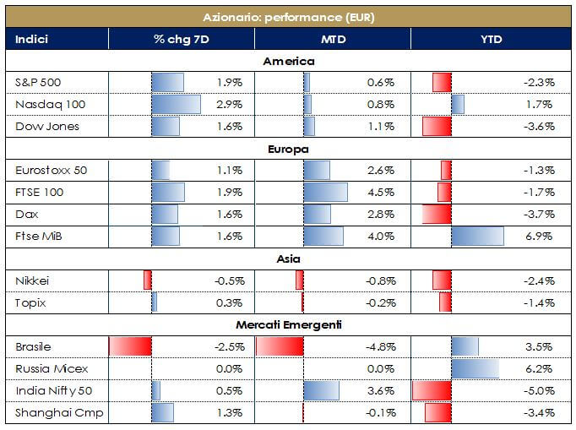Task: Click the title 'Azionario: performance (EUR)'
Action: (288, 17)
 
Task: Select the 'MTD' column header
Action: (331, 39)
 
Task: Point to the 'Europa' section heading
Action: (288, 149)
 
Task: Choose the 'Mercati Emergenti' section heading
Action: (288, 324)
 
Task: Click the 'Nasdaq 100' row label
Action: (51, 105)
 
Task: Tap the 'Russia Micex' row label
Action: (52, 368)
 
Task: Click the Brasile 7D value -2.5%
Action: (229, 346)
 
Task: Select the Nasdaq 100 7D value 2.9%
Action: (229, 105)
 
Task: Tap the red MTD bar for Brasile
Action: (279, 346)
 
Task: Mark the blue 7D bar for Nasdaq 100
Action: (176, 105)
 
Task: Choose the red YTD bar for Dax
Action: (437, 215)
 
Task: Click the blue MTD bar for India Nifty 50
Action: (321, 390)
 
